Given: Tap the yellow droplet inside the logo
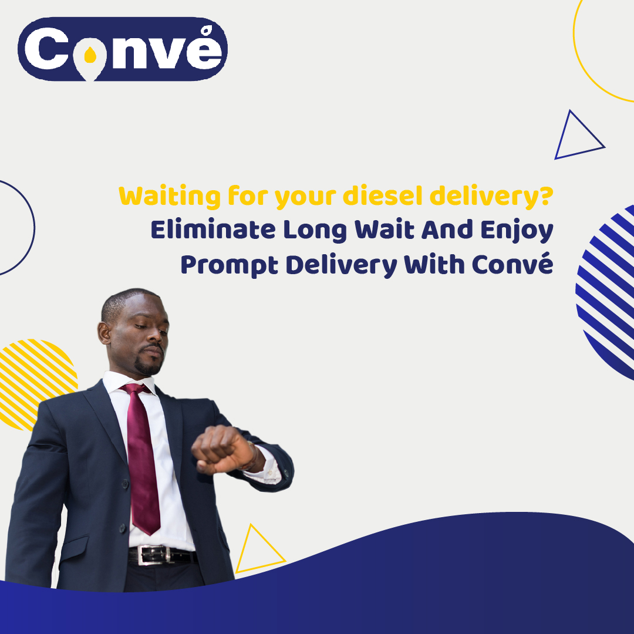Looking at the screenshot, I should click(x=90, y=55).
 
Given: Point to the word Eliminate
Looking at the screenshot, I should click(x=212, y=230).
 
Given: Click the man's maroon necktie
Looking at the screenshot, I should click(x=141, y=452).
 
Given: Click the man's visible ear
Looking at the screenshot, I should click(x=105, y=333).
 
